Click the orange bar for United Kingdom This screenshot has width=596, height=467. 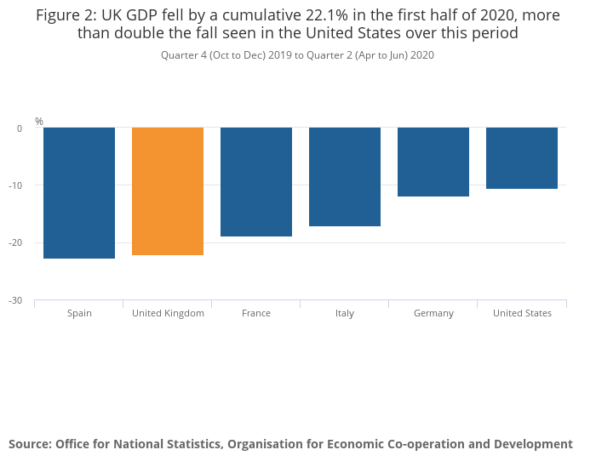point(168,191)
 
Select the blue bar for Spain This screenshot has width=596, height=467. point(79,193)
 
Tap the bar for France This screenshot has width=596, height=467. point(256,182)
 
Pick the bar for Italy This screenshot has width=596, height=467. point(345,177)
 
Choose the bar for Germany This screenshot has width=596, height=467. point(433,162)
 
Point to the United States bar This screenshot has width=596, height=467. point(522,158)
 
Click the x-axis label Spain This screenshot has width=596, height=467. point(79,313)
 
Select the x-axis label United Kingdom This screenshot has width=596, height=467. point(168,313)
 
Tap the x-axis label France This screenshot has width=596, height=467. point(256,313)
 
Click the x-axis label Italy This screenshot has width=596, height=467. point(345,313)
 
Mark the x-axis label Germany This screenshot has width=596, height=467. point(433,313)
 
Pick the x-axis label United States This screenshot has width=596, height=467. point(522,313)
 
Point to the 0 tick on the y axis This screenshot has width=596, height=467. point(20,128)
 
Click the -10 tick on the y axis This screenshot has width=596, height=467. point(17,185)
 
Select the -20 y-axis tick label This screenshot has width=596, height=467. point(17,243)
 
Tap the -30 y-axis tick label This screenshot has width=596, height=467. point(17,301)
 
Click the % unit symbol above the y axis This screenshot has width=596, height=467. point(39,122)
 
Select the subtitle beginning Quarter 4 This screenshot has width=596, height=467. point(298,55)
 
